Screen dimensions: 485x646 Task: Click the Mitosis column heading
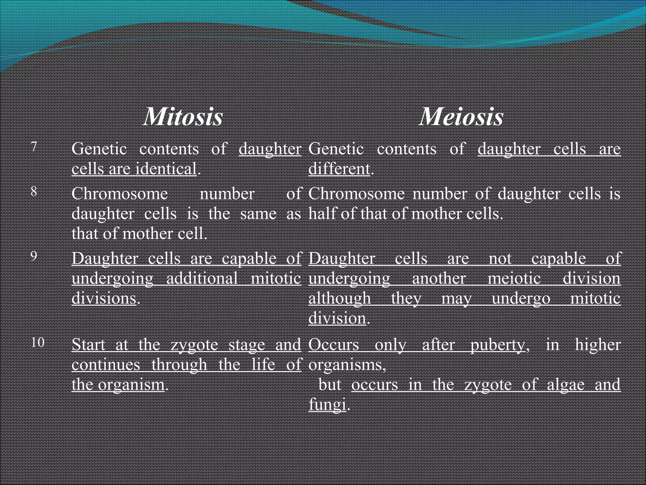click(183, 117)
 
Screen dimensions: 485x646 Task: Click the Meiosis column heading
click(461, 117)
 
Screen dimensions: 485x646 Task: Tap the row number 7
click(34, 147)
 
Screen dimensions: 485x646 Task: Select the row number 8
click(34, 192)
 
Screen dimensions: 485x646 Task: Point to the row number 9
click(34, 256)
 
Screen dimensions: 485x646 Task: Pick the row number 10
click(38, 343)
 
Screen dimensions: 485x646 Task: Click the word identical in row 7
click(166, 169)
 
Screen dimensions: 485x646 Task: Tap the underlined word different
click(339, 169)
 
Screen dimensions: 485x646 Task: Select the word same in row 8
click(258, 214)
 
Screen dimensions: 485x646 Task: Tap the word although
click(340, 298)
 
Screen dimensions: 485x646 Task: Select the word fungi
click(327, 405)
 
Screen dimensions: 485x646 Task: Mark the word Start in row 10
click(88, 345)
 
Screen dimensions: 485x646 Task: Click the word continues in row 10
click(106, 365)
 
